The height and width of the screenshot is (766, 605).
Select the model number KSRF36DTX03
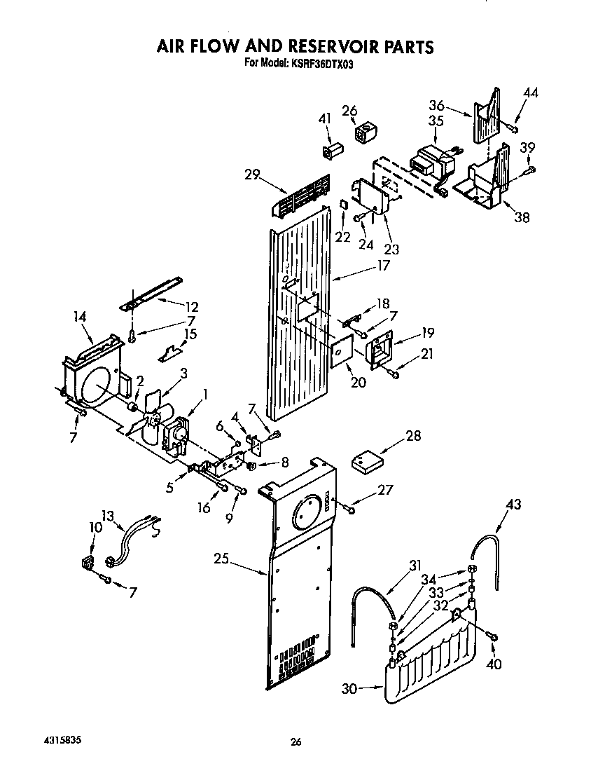coord(326,63)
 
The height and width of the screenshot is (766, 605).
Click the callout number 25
coord(222,559)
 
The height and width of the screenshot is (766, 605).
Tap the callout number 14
coord(80,316)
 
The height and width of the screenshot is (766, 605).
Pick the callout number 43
coord(514,503)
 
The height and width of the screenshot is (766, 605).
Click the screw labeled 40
coord(492,636)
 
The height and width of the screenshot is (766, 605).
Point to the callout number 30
coord(349,689)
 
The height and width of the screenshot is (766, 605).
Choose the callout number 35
coord(436,121)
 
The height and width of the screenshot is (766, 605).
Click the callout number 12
coord(190,306)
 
